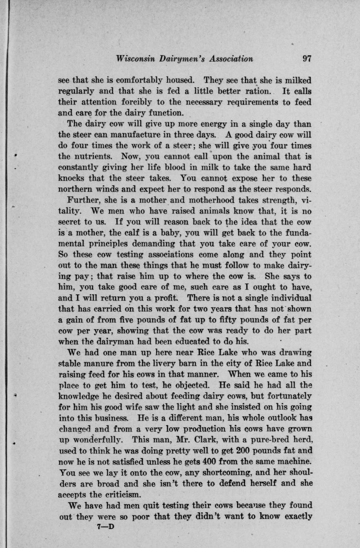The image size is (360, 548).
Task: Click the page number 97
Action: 307,59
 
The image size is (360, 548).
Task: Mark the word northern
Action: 76,189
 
